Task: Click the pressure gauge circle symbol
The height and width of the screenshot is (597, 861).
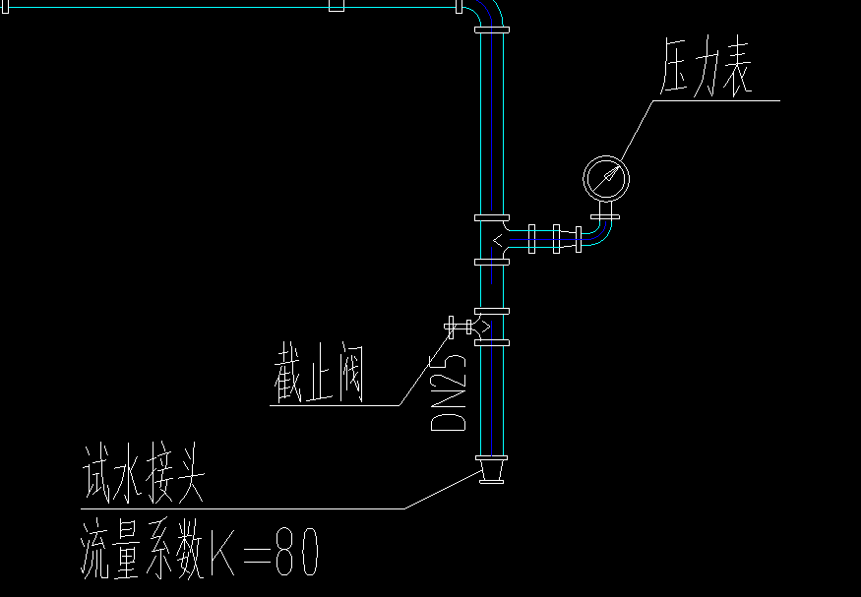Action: click(x=605, y=177)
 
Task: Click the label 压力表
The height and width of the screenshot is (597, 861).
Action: click(x=705, y=74)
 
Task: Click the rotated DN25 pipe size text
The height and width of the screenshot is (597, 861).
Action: click(x=449, y=388)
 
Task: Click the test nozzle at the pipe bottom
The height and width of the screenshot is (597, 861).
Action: click(x=490, y=469)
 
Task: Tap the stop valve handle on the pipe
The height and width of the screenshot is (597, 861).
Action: click(x=454, y=326)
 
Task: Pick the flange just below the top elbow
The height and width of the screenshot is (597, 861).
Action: click(x=491, y=31)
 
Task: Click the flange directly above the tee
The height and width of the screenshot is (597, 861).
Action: click(x=491, y=216)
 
